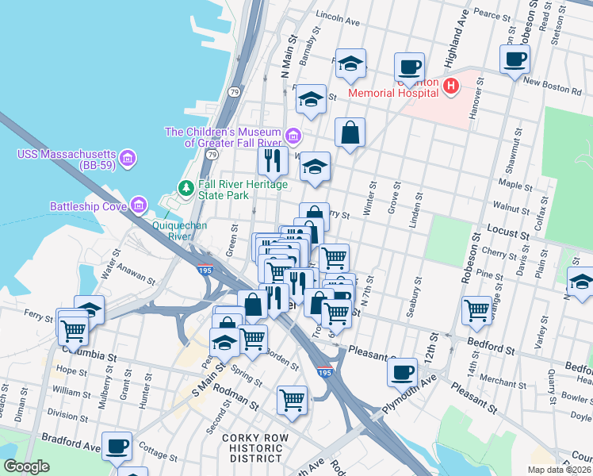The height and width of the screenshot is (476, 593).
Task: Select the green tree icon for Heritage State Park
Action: point(186,188)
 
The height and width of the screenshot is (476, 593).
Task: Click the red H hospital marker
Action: point(451,86)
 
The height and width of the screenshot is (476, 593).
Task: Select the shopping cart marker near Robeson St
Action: point(476,309)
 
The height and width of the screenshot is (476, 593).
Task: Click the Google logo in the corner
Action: point(26,466)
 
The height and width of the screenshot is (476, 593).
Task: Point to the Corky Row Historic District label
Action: point(252,448)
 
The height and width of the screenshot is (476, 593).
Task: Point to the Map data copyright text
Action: point(560,470)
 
